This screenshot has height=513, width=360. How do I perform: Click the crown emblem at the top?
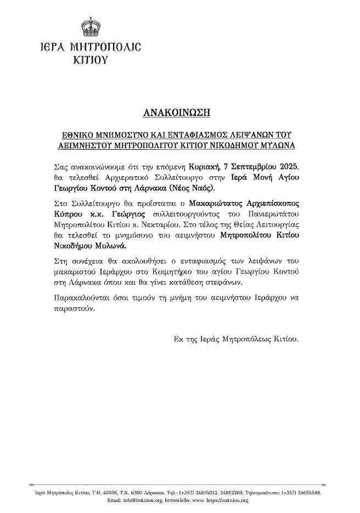coord(88,26)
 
